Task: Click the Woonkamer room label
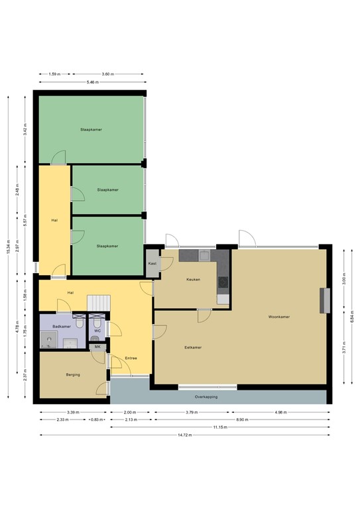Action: [278, 317]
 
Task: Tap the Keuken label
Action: [193, 280]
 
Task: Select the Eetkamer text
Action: [193, 347]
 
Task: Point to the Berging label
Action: [73, 375]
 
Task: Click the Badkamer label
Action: [62, 327]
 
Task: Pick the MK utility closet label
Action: [97, 347]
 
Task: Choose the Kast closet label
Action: [152, 264]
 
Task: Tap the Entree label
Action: [131, 359]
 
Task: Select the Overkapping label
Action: [206, 397]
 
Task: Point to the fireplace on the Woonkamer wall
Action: [325, 300]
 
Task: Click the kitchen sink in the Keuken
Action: [205, 255]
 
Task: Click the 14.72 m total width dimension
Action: [184, 435]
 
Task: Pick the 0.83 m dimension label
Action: [97, 420]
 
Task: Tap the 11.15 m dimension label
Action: [219, 427]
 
